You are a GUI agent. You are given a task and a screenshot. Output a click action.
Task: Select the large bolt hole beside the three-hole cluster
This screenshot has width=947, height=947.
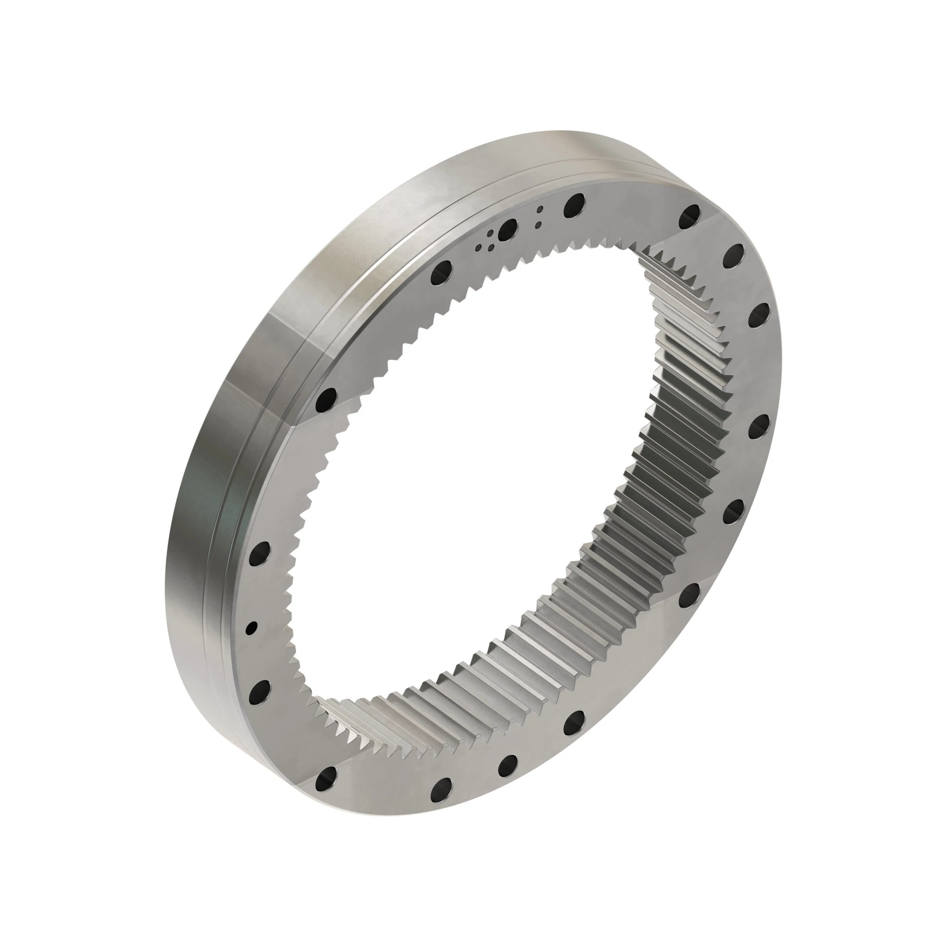click(507, 228)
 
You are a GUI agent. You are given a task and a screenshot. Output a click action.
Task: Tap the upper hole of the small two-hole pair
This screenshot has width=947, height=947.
click(540, 209)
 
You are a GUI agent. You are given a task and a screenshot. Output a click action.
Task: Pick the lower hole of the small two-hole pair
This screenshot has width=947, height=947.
click(538, 224)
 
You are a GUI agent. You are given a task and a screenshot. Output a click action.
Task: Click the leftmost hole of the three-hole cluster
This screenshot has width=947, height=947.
click(478, 248)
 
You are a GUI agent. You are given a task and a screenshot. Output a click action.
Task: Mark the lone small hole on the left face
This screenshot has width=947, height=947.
click(251, 628)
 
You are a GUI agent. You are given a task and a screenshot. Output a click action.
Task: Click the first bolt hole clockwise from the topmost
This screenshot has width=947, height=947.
click(691, 214)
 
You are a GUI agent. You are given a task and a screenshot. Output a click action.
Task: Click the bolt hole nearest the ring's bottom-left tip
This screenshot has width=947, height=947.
click(326, 777)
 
